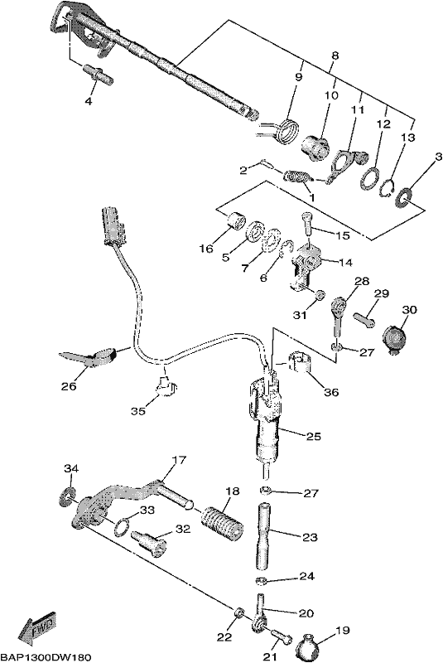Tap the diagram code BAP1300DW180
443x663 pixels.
(46, 657)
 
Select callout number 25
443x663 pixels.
(313, 436)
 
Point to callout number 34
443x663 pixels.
(71, 468)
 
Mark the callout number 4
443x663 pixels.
(88, 101)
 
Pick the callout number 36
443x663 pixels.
(331, 392)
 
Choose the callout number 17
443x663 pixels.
(180, 460)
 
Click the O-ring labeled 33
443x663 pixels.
(123, 526)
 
